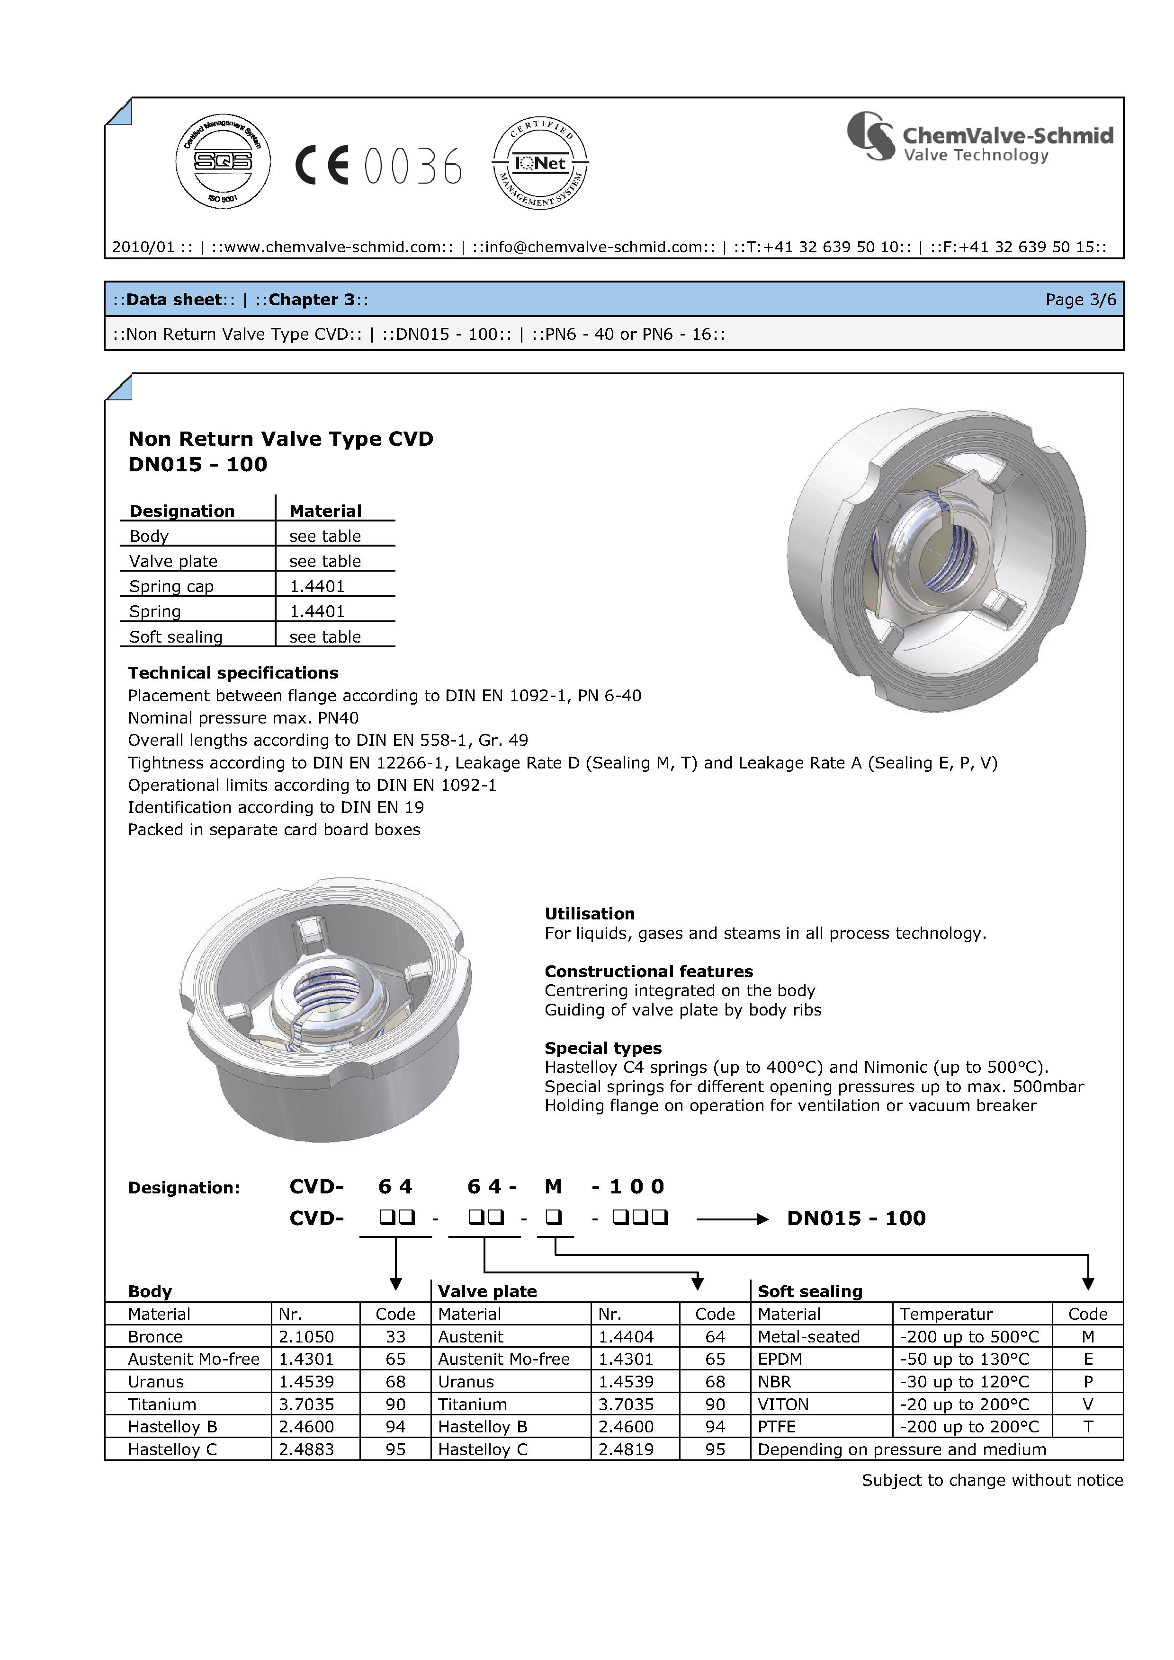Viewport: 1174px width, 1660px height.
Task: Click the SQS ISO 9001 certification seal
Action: pos(223,161)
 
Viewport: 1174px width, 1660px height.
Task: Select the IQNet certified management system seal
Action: pos(539,163)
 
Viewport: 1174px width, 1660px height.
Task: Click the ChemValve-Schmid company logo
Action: pos(980,137)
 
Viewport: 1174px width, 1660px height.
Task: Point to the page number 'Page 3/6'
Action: pos(1081,300)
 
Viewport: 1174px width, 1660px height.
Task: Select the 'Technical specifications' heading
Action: pos(233,673)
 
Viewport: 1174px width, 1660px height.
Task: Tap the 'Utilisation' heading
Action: pos(590,913)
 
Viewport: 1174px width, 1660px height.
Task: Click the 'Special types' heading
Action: pos(602,1048)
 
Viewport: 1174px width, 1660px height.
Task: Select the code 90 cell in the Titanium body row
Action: pos(395,1404)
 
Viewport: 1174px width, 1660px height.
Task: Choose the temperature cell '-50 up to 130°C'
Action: pos(964,1359)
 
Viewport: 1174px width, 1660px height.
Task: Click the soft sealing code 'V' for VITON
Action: pos(1087,1404)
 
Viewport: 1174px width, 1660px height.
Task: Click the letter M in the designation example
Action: pos(553,1186)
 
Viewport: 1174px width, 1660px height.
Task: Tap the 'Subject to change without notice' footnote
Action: pos(992,1480)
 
